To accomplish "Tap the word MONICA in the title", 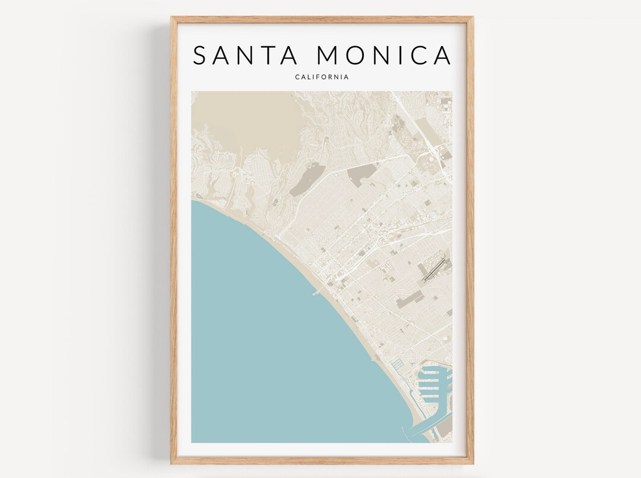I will click(x=384, y=55).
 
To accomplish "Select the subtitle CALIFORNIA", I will click(x=322, y=77).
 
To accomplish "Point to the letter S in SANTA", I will click(x=201, y=55).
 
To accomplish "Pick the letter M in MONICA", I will click(x=327, y=55).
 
